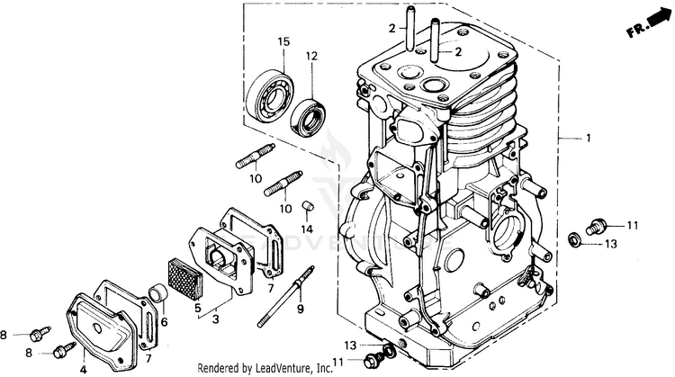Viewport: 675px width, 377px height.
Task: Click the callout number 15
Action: point(283,42)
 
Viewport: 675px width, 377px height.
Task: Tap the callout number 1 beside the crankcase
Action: point(589,138)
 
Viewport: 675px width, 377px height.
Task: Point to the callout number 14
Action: point(308,229)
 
